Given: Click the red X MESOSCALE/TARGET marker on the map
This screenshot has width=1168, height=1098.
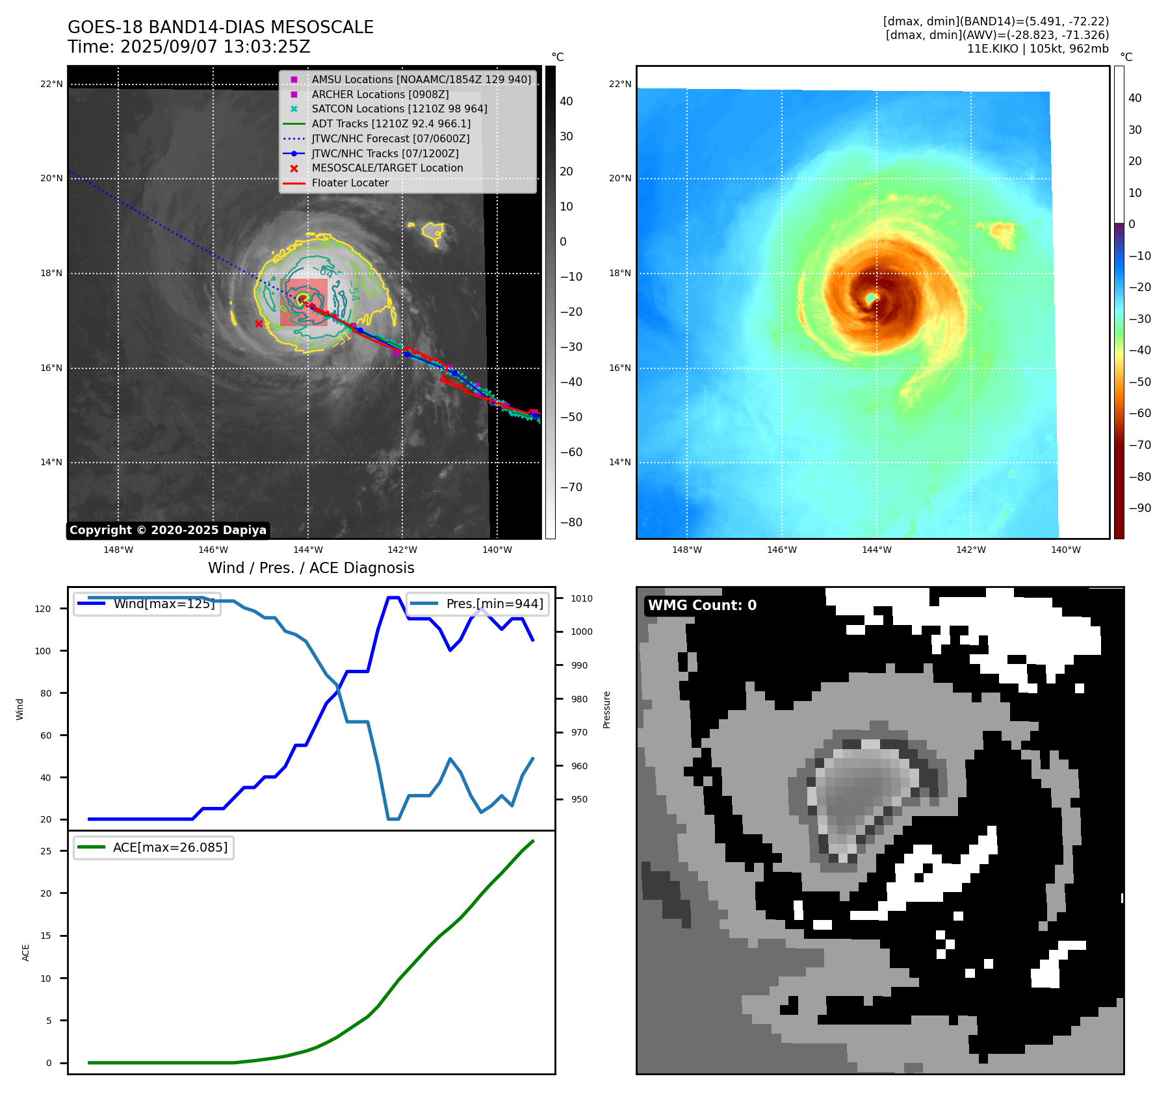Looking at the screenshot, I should pos(259,324).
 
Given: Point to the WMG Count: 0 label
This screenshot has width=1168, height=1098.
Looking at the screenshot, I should pos(702,605).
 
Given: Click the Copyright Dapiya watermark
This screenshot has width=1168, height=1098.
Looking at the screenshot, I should pos(168,530).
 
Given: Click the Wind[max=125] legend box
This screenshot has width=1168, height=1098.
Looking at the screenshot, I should pos(147,604).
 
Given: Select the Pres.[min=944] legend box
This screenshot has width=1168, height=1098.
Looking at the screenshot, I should pos(478,604).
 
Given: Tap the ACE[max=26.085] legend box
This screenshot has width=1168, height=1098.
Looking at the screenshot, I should pos(154,847).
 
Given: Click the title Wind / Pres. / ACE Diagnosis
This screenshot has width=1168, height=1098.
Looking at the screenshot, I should pos(311,568).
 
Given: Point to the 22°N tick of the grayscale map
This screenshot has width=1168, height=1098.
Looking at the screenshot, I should pos(51,84).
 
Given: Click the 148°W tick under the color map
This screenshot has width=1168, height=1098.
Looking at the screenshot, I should pos(686,550).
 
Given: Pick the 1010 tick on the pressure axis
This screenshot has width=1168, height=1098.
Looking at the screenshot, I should pos(582,598).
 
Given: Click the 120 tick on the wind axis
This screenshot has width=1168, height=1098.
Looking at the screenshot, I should pos(43,609).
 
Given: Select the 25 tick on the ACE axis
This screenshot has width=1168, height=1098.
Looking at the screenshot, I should pos(45,851).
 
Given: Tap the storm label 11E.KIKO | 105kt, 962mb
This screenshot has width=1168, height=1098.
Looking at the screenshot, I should pos(1037,49).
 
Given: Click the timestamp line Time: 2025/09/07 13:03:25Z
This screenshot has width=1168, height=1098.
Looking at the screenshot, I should pos(188,47).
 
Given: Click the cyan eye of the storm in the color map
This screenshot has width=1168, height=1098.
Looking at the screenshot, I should pos(871,298).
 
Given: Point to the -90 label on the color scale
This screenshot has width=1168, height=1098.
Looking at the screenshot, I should pos(1139,508).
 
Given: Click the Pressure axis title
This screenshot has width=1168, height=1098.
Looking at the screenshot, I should pos(606,709).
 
